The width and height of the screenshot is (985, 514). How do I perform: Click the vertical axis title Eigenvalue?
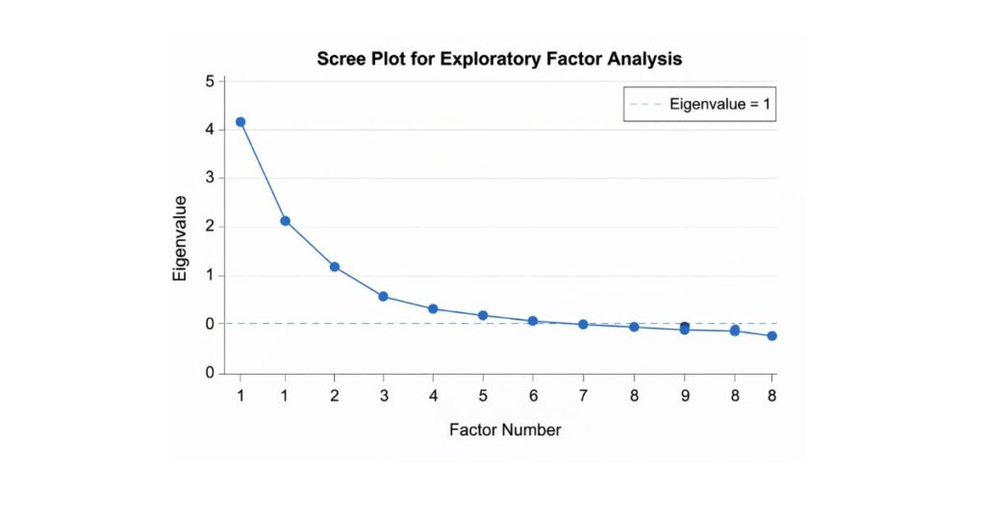click(x=180, y=238)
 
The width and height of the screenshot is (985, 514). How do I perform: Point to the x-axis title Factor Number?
click(x=505, y=429)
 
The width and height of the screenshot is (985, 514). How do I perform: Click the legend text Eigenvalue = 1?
click(x=720, y=104)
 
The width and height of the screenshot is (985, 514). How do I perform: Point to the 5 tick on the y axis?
click(x=210, y=81)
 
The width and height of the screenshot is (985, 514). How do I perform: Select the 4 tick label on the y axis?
click(x=210, y=130)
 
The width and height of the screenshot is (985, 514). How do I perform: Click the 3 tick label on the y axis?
click(x=210, y=179)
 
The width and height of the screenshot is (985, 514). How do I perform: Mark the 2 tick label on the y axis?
click(x=210, y=228)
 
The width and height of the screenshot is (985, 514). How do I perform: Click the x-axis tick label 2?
click(x=334, y=395)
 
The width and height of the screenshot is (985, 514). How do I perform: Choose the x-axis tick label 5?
click(x=483, y=395)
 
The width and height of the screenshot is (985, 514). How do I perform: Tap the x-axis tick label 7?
click(x=583, y=395)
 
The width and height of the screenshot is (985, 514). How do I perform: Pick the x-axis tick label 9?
click(x=684, y=395)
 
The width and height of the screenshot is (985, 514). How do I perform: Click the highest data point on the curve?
click(x=240, y=122)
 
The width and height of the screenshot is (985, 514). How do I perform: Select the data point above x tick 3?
click(x=383, y=296)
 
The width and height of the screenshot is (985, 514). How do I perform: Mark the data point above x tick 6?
click(x=532, y=321)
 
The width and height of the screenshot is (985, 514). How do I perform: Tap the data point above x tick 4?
click(x=433, y=308)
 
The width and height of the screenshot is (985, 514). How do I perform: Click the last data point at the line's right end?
click(x=771, y=335)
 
